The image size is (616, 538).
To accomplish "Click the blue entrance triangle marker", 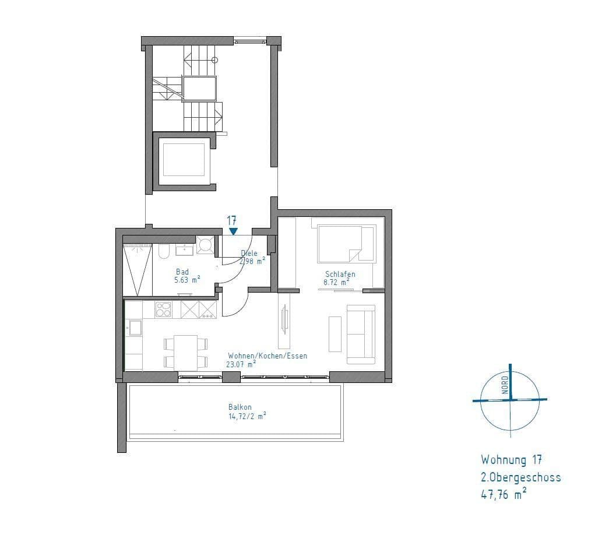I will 233,231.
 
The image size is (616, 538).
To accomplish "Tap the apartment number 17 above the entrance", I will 231,220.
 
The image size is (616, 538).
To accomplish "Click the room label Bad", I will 182,272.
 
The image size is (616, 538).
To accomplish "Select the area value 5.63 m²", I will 187,280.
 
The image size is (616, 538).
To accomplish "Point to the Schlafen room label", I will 340,274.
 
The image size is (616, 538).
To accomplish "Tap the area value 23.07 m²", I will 241,364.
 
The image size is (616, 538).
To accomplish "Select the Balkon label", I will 240,407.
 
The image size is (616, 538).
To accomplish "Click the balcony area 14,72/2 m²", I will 247,416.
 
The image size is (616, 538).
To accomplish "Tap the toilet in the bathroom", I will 164,251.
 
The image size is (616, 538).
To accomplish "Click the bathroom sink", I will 184,250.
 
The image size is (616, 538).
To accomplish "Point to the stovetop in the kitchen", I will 163,310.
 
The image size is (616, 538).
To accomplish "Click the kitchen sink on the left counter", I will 135,328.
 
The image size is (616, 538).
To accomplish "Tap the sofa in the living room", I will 360,334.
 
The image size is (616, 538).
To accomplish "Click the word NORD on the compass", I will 505,385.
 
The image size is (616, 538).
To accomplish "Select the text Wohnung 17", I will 512,460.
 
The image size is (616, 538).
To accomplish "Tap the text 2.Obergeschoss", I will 520,477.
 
